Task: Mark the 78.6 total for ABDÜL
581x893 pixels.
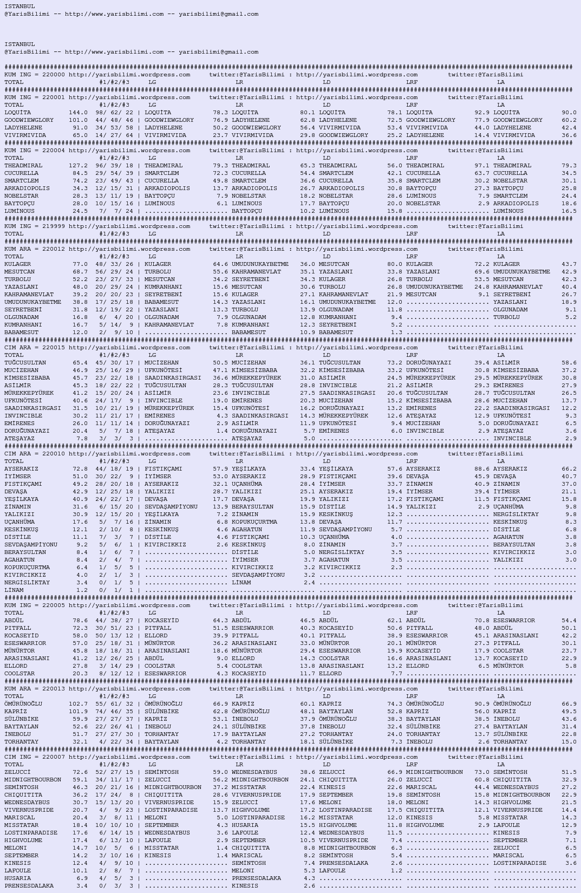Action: click(x=80, y=621)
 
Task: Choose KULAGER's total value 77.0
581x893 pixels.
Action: click(x=80, y=264)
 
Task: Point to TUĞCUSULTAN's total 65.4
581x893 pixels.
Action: click(x=80, y=363)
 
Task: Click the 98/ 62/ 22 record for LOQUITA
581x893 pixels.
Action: click(x=114, y=113)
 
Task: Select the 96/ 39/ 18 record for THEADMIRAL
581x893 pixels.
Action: click(x=114, y=166)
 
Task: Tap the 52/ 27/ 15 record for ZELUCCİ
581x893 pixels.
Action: click(x=114, y=772)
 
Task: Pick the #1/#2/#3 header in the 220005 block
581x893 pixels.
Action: click(x=114, y=613)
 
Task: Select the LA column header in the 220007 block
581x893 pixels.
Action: click(x=501, y=765)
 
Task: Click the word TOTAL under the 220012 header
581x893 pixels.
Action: click(x=14, y=257)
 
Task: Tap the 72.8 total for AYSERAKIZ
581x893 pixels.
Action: click(x=80, y=469)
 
